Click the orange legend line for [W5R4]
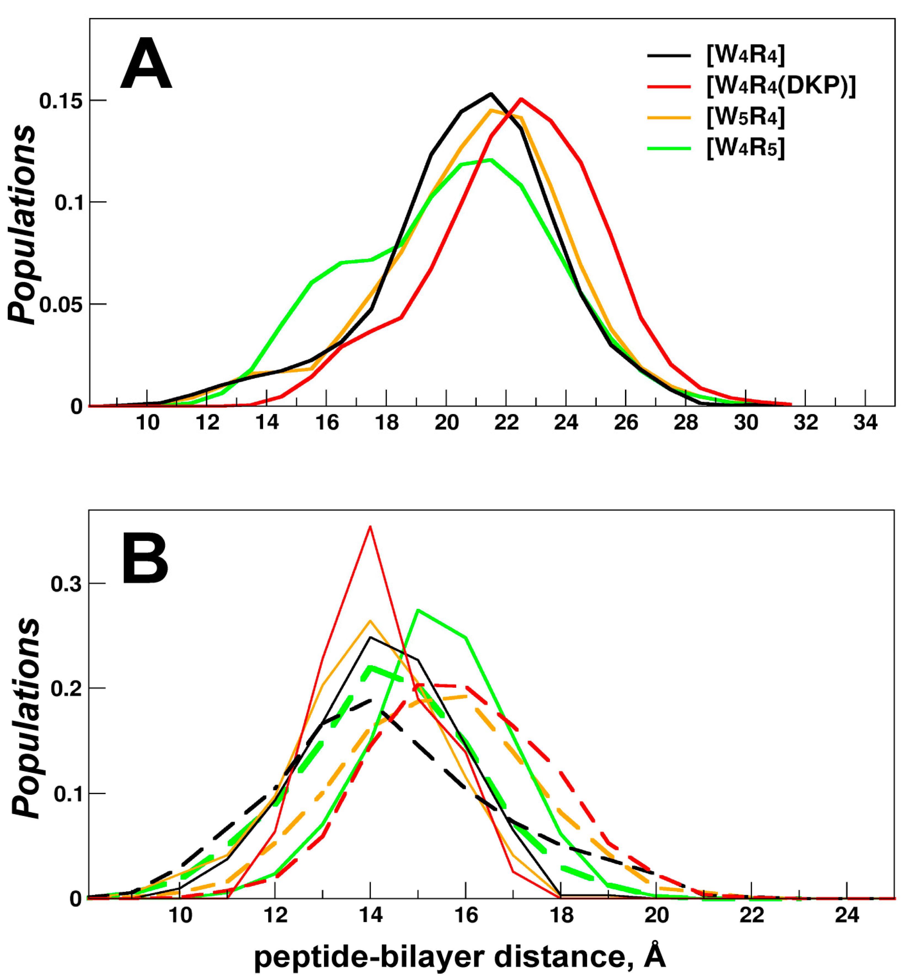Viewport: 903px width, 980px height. point(669,117)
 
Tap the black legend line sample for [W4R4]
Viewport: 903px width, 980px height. point(669,55)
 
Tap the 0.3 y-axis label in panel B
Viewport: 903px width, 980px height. point(66,584)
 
